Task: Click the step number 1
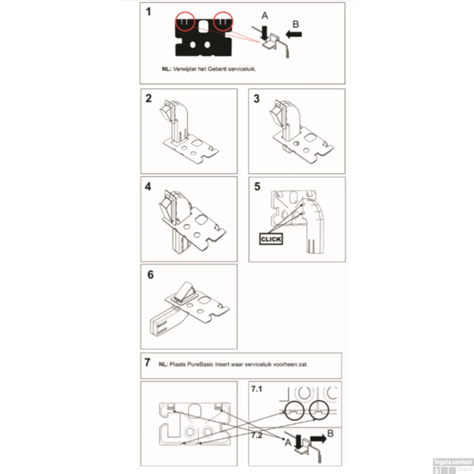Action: click(148, 12)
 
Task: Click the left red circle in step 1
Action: click(185, 21)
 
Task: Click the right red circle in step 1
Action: click(223, 21)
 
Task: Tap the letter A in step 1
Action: click(265, 15)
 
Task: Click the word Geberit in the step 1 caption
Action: click(217, 69)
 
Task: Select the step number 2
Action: click(149, 98)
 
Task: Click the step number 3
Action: click(257, 99)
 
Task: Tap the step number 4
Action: click(148, 186)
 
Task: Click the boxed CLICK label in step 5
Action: click(271, 239)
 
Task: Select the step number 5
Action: click(257, 186)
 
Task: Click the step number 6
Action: click(150, 275)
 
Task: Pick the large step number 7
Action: click(147, 362)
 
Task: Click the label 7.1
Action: click(257, 389)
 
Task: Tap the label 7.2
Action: click(257, 435)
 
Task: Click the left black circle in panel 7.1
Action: click(294, 410)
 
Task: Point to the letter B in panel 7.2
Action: click(330, 433)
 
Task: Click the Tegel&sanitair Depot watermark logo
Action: click(453, 465)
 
